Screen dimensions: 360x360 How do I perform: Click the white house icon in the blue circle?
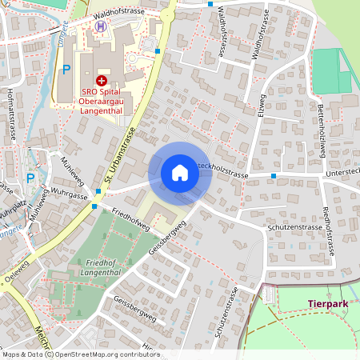(180, 173)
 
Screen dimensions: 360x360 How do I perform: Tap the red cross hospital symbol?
(101, 80)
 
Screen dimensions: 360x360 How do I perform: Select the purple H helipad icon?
(101, 26)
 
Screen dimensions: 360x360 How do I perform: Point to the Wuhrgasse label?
(68, 194)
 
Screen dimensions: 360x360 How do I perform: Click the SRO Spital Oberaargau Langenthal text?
(102, 101)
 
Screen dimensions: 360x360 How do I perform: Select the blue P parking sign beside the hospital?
(66, 69)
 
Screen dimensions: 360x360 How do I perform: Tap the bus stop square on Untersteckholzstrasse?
(274, 175)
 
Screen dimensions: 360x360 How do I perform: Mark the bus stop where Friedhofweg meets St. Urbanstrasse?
(94, 206)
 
